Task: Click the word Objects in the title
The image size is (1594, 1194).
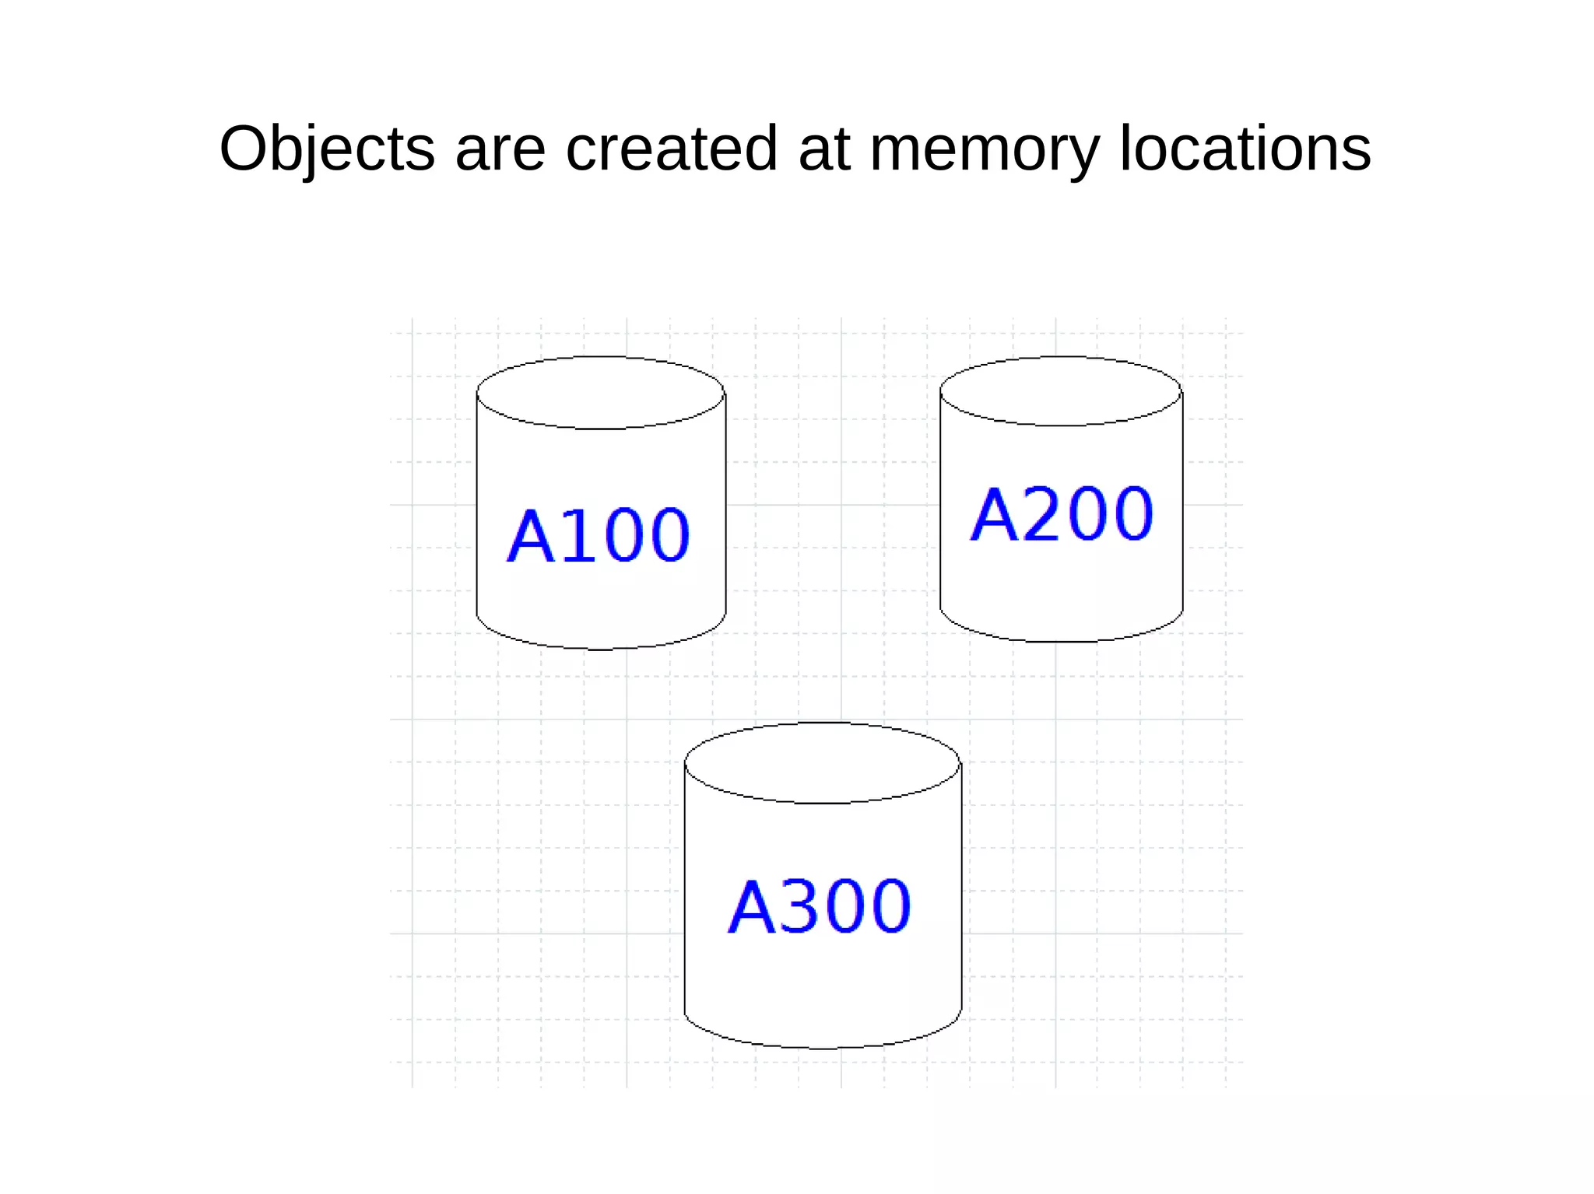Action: [x=327, y=149]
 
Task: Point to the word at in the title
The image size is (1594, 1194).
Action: [x=823, y=149]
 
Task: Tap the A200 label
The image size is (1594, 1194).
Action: [x=1062, y=514]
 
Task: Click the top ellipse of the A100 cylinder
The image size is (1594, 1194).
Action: [x=600, y=393]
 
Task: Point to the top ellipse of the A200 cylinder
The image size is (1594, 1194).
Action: [x=1061, y=391]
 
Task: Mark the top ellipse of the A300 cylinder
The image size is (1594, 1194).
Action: [x=822, y=763]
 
